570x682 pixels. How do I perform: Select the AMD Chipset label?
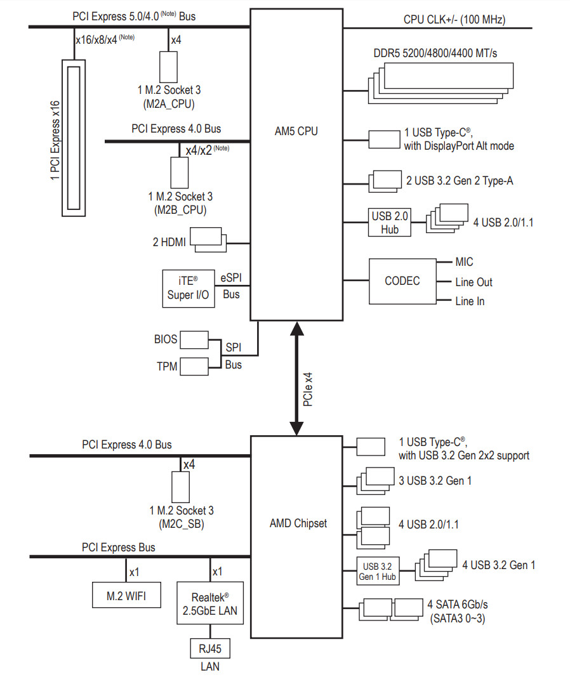click(x=298, y=523)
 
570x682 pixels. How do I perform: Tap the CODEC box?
click(x=402, y=280)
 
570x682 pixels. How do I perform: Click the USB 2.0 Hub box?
click(x=390, y=223)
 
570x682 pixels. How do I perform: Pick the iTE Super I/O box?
click(x=189, y=288)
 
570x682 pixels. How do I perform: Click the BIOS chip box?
click(x=194, y=339)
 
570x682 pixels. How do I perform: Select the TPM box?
click(x=194, y=366)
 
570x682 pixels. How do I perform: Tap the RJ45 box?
click(x=209, y=649)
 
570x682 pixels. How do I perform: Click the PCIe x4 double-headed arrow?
click(x=296, y=379)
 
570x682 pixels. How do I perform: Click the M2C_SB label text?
click(x=182, y=524)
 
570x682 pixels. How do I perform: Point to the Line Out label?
click(x=474, y=282)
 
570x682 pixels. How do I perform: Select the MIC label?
click(x=464, y=262)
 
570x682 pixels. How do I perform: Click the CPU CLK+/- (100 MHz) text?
click(x=454, y=19)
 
